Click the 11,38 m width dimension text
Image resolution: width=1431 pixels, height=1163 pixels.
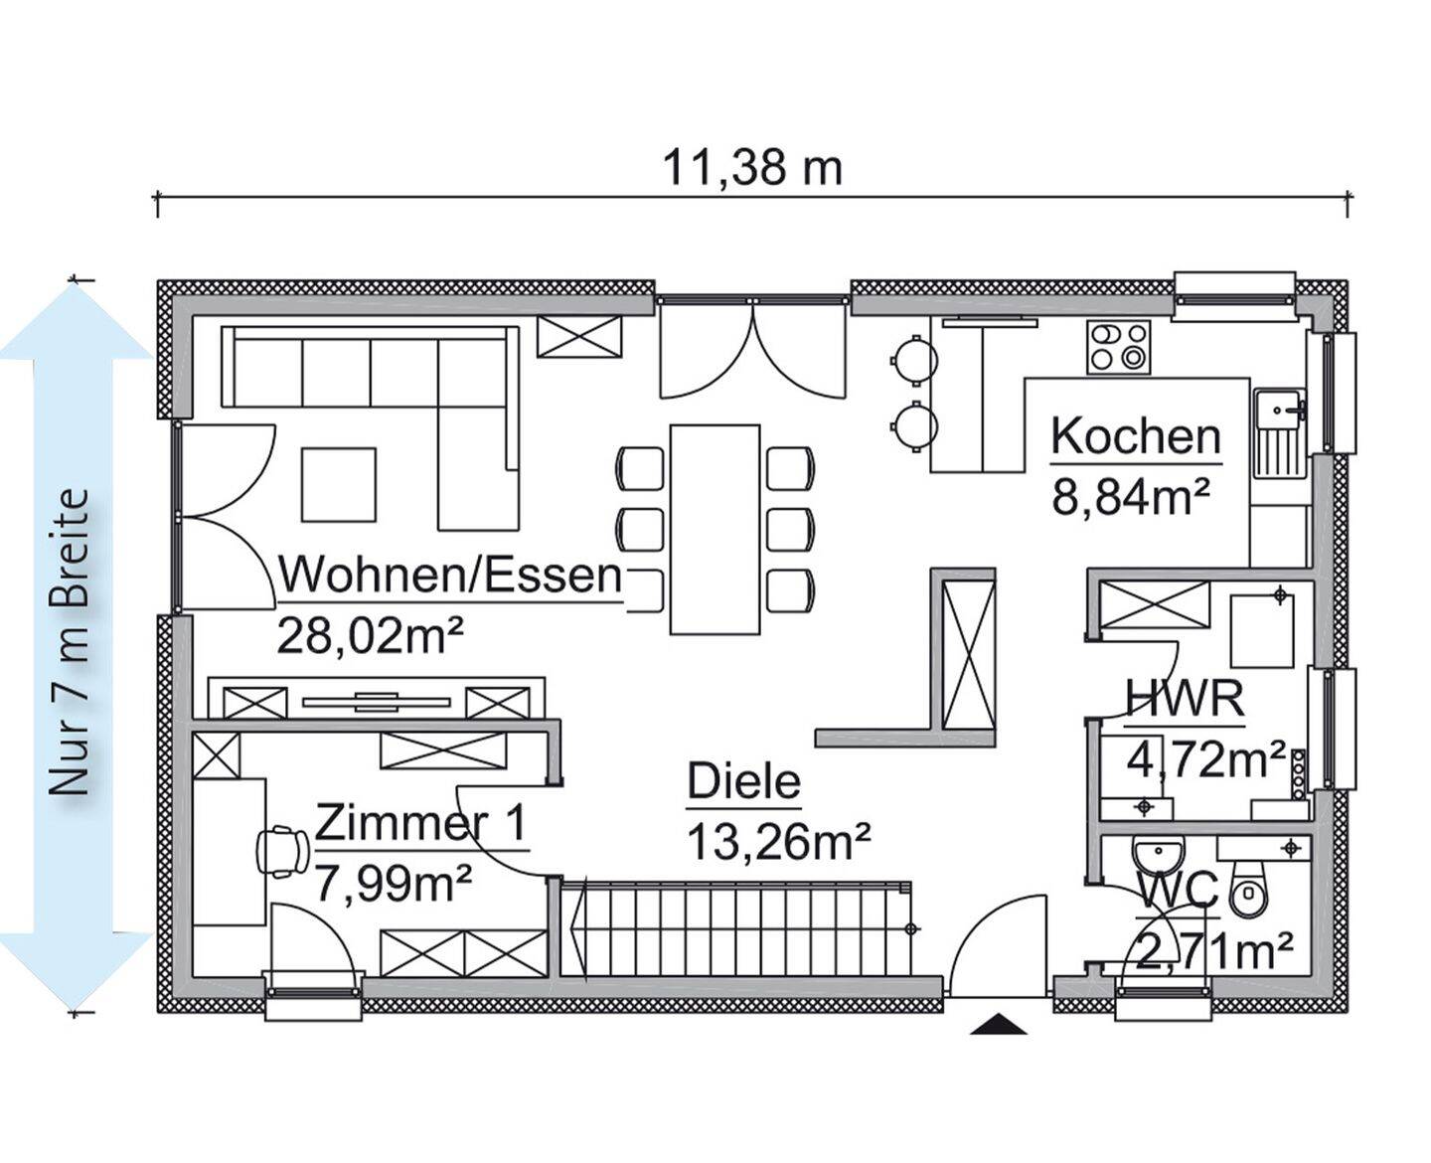point(752,167)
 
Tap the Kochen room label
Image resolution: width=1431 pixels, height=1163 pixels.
point(1135,437)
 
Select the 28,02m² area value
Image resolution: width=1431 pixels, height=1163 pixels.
point(372,636)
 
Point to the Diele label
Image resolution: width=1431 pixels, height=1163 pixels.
point(743,781)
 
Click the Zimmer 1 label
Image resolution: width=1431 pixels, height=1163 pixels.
point(421,824)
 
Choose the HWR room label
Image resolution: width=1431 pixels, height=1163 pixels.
point(1184,698)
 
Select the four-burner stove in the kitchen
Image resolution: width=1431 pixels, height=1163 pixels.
point(1118,347)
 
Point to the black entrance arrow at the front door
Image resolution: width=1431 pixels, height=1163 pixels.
point(998,1025)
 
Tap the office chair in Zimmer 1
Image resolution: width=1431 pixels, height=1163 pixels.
point(282,851)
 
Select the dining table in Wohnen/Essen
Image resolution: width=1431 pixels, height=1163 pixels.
point(715,529)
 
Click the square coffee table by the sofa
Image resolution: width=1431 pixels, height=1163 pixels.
point(339,484)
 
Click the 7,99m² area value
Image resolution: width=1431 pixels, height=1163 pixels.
point(392,882)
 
